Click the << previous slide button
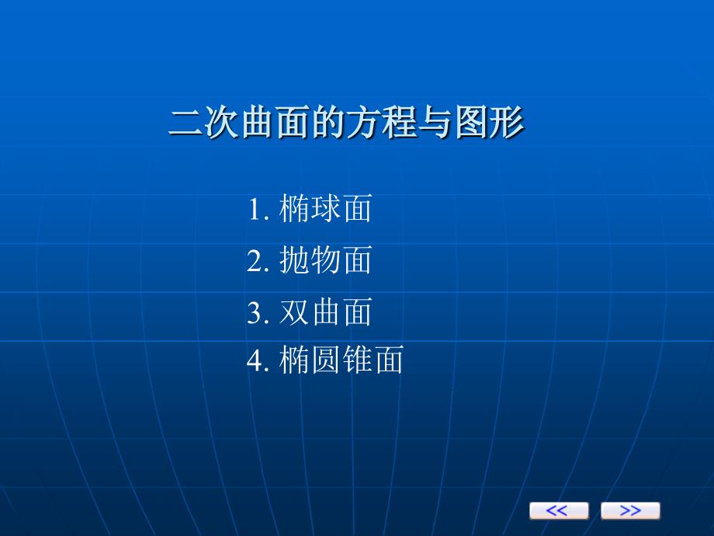[x=559, y=510]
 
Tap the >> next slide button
[x=630, y=510]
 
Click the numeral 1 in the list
[x=255, y=210]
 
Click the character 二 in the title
[x=185, y=122]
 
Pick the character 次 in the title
[x=222, y=122]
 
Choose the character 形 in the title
[x=506, y=122]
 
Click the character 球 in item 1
[x=326, y=208]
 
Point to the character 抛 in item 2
[x=293, y=259]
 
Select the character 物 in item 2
[x=326, y=259]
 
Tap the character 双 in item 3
[x=293, y=312]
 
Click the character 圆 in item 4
[x=326, y=360]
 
